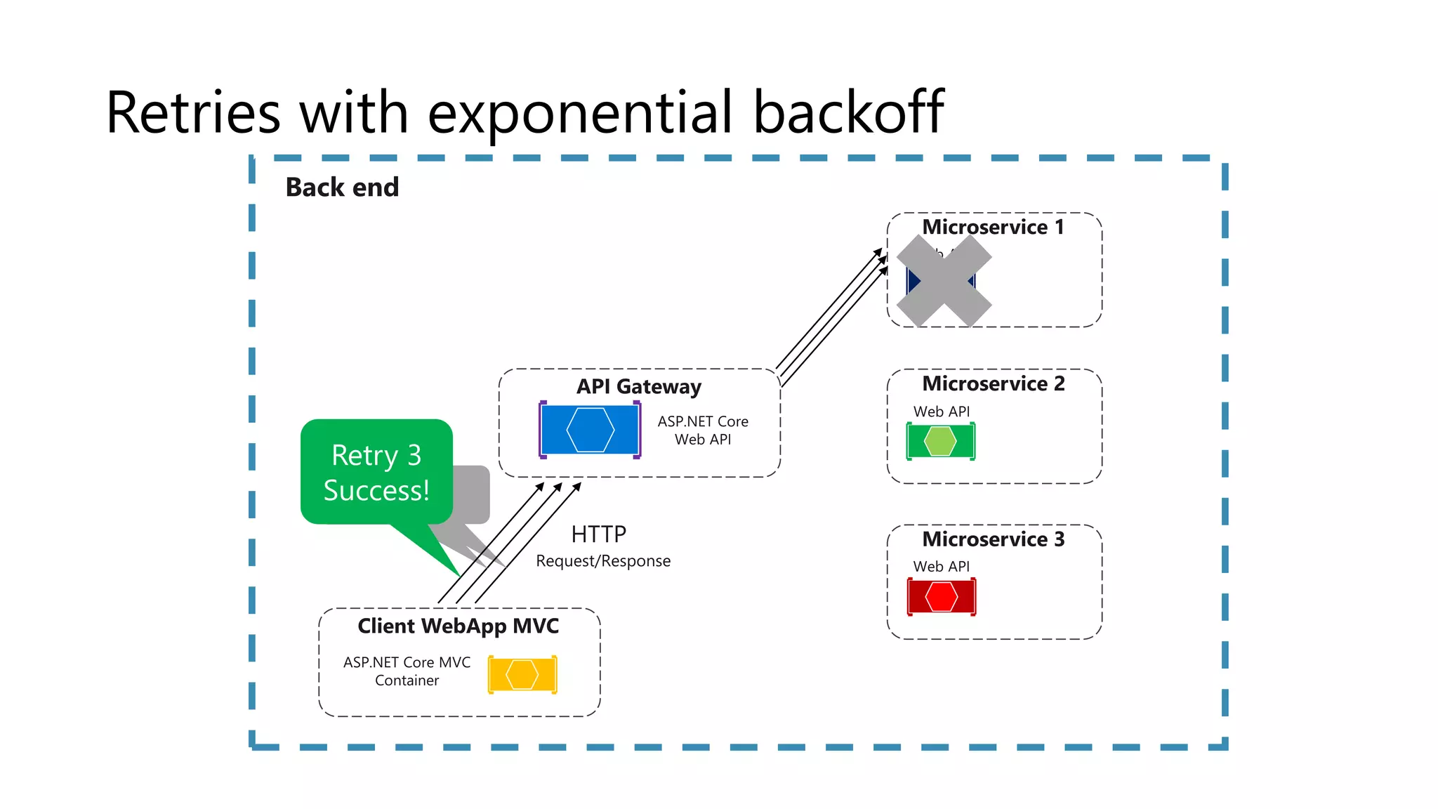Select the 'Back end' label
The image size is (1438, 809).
342,188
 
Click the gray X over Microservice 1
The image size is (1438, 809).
944,281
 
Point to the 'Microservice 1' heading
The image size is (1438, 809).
993,227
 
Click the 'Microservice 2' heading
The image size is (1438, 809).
993,383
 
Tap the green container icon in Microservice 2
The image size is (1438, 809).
941,442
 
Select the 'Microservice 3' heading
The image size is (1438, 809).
993,539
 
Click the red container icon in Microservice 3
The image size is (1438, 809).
941,597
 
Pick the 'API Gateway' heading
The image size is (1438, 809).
638,386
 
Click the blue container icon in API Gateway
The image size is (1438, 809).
590,430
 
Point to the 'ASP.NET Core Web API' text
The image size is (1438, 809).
703,430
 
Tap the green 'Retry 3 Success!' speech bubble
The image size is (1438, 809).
376,472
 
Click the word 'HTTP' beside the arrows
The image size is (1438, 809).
598,534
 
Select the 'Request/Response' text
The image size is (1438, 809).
603,561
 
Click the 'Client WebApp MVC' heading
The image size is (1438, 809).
458,626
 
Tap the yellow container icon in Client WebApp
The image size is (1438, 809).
522,675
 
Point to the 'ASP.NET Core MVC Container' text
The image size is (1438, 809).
407,671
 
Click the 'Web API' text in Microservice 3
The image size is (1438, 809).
941,566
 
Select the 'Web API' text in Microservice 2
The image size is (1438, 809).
941,412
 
